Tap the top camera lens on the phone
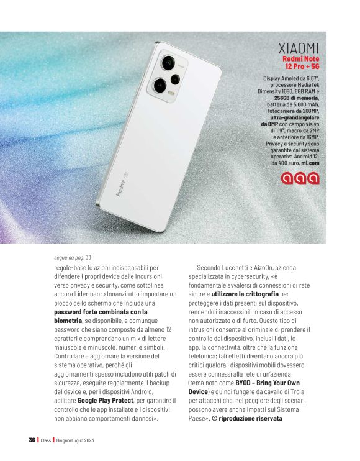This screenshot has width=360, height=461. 168,63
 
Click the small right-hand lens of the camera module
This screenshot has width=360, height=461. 175,78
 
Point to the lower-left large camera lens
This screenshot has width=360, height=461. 159,84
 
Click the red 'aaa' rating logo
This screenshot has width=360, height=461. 300,178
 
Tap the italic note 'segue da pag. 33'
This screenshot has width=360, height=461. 73,257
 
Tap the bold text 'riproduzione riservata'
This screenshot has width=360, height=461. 250,418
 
